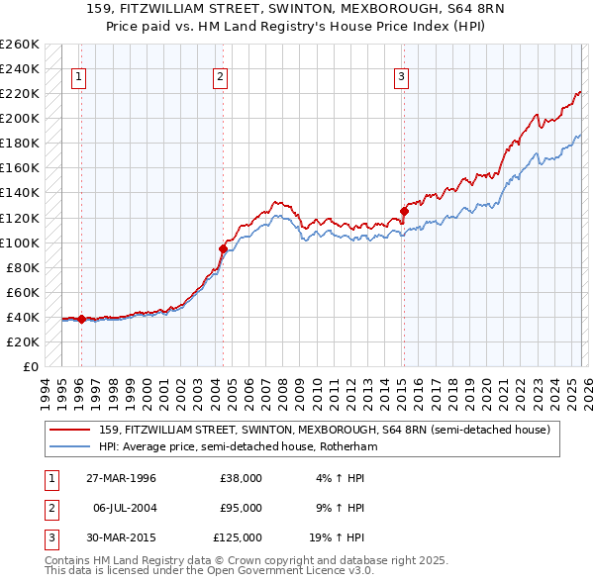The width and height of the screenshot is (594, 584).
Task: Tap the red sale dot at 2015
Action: click(x=404, y=211)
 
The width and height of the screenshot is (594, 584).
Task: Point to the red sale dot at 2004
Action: click(x=223, y=248)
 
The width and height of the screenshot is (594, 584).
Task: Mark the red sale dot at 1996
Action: click(x=81, y=319)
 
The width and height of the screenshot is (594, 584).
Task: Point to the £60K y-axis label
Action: click(x=22, y=292)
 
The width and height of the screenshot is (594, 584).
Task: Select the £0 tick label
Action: click(x=29, y=366)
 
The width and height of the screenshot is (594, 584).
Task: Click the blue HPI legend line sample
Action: click(x=70, y=447)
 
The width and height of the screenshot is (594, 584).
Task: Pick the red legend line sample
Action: click(x=70, y=430)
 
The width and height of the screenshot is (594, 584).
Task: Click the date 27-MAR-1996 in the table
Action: click(x=122, y=478)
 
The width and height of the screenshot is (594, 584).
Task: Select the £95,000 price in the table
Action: click(x=241, y=508)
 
